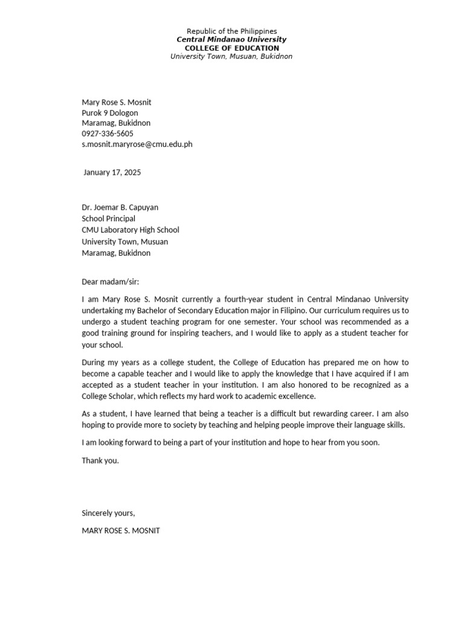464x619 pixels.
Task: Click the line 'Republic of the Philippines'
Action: tap(231, 31)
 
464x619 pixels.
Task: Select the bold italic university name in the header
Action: tap(231, 39)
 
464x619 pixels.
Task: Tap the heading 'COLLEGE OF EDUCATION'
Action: tap(231, 48)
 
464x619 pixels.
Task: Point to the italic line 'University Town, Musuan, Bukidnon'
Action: tap(231, 56)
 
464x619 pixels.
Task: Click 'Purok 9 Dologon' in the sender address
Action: tap(110, 112)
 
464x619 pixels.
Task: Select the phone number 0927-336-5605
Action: tap(108, 134)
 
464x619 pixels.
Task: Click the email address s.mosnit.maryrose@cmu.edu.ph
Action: tap(137, 144)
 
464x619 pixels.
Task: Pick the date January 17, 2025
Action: tap(112, 172)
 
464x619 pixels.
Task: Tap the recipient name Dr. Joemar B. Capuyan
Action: tap(120, 207)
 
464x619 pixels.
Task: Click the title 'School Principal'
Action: tap(109, 218)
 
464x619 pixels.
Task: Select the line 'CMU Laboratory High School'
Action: tap(130, 230)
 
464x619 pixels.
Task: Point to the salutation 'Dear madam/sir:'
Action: tap(110, 282)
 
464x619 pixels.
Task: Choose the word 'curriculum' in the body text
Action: tap(337, 311)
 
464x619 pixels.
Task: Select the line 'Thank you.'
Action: tap(100, 461)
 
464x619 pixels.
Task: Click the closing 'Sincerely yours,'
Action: tap(109, 513)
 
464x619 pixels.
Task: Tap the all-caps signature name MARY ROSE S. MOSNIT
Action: tap(121, 531)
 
